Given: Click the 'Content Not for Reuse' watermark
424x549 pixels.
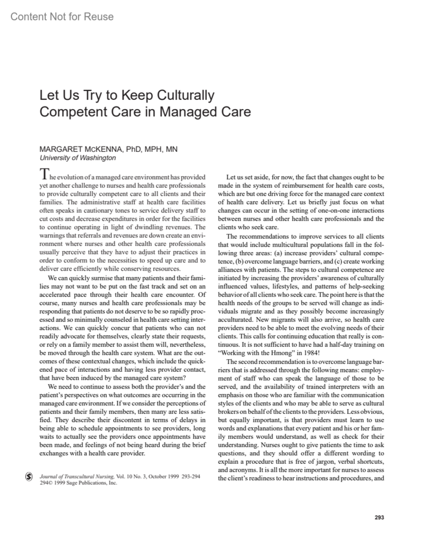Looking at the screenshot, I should (x=62, y=17).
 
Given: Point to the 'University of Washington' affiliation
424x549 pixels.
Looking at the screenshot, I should (x=77, y=158).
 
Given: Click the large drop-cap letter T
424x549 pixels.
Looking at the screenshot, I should (x=43, y=174).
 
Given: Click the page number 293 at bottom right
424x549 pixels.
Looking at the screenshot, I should (x=379, y=518).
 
